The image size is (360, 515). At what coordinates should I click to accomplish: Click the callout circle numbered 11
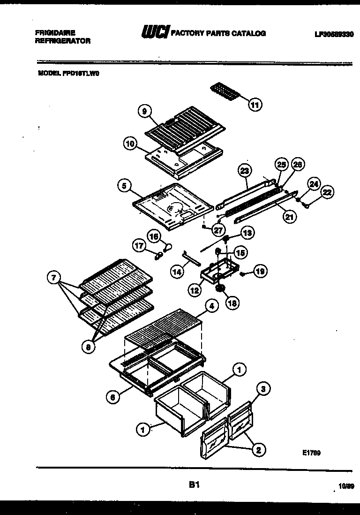255,105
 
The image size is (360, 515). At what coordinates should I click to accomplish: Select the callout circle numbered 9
145,111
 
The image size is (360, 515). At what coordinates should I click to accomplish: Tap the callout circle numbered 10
130,143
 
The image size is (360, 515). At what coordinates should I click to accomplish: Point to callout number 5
124,186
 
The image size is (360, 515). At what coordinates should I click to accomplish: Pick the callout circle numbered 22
327,191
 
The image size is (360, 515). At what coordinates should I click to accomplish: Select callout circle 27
218,229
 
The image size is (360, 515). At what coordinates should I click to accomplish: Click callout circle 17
139,245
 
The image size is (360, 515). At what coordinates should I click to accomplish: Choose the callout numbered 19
261,270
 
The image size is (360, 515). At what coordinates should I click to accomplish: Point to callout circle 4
211,306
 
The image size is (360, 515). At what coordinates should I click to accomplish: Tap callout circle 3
264,388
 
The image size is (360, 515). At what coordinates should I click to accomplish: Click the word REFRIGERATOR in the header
63,41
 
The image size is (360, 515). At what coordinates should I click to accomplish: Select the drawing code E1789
311,453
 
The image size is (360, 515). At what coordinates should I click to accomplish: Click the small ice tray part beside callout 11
225,91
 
